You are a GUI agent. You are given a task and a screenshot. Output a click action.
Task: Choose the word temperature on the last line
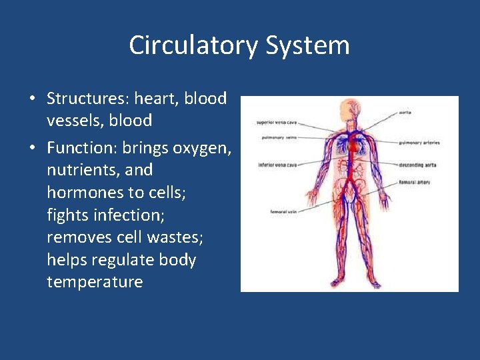[95, 281]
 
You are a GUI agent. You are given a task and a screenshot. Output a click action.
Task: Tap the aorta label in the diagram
[405, 112]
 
